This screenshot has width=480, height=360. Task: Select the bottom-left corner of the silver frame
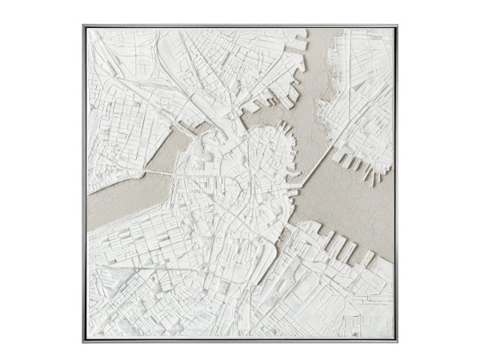click(83, 342)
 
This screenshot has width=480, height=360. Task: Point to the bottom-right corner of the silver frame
click(398, 342)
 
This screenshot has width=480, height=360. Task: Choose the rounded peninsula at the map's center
click(264, 152)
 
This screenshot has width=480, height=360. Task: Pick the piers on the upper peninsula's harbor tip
click(276, 101)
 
